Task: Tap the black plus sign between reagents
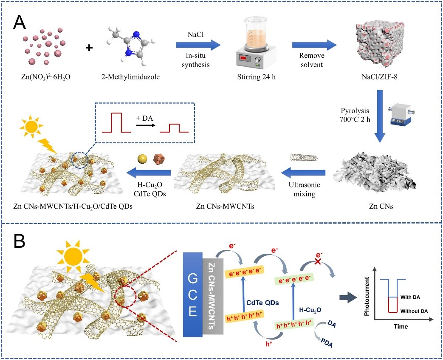pyautogui.click(x=89, y=48)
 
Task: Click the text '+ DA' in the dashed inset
pyautogui.click(x=144, y=117)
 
